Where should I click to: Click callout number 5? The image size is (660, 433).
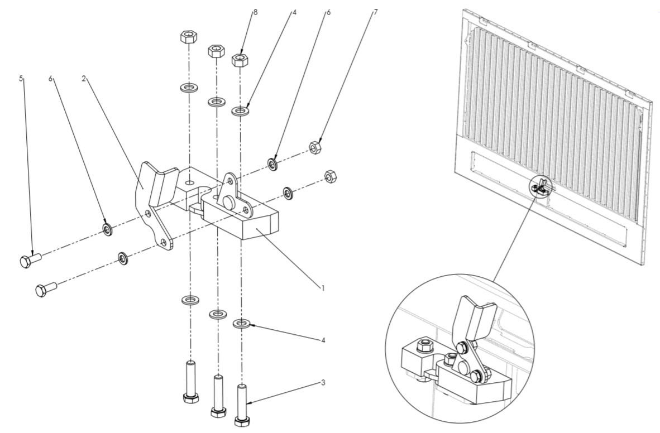[x=21, y=78]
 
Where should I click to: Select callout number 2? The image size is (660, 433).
[x=84, y=78]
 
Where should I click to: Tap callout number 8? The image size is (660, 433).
[x=255, y=12]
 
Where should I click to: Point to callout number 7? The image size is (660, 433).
[x=375, y=12]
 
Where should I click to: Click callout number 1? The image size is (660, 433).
[x=323, y=288]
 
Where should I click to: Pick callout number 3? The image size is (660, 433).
[x=323, y=383]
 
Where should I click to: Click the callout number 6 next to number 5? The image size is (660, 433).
[x=51, y=78]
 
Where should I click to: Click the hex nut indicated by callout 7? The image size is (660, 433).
[x=315, y=147]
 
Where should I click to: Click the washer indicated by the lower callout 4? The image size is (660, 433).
[x=241, y=324]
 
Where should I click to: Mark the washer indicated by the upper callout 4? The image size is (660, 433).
[x=241, y=112]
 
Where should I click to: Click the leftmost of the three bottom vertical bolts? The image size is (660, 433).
[x=190, y=383]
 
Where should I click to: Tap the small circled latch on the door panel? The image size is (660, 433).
[x=541, y=186]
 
